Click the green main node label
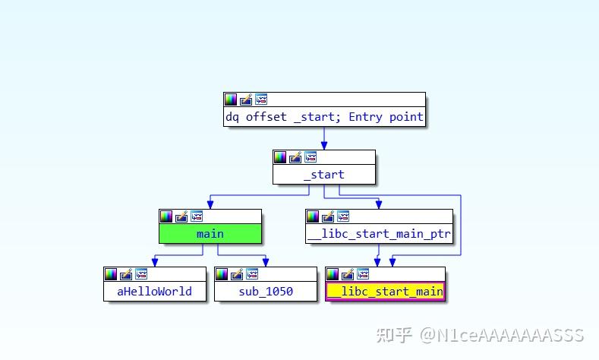click(210, 233)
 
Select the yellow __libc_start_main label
click(385, 292)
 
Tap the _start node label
click(324, 175)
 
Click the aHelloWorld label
click(154, 292)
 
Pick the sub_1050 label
click(266, 292)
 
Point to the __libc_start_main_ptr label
click(379, 233)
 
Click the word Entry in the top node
click(365, 116)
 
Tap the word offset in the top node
click(266, 116)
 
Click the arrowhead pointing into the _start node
click(324, 146)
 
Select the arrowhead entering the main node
click(210, 204)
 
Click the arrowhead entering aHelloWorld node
click(155, 262)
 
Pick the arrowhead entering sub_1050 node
click(266, 262)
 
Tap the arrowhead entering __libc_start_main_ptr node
click(379, 204)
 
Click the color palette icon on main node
click(166, 216)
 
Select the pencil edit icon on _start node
click(295, 157)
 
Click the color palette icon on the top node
click(231, 99)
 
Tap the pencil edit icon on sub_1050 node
click(237, 274)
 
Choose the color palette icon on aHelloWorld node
click(111, 274)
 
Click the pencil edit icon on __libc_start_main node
click(348, 274)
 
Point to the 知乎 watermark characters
click(394, 335)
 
